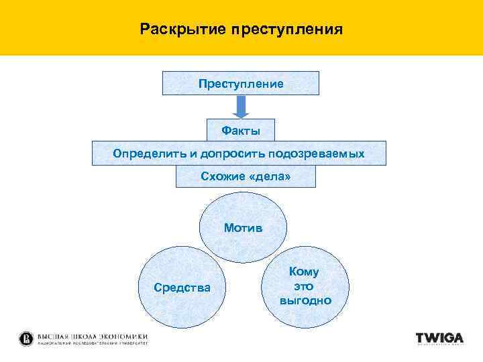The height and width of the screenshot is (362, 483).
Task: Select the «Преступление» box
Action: tap(241, 84)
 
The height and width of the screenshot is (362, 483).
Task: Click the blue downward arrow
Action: tap(241, 107)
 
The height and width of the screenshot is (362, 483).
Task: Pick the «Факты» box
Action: tap(241, 129)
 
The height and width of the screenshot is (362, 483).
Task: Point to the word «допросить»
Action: tap(232, 154)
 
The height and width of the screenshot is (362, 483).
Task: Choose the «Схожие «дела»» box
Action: tap(245, 176)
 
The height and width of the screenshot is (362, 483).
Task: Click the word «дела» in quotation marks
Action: tap(271, 176)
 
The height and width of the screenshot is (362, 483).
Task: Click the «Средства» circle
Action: tap(182, 288)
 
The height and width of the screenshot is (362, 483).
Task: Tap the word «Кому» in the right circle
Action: tap(304, 271)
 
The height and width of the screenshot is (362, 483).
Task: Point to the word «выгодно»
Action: tap(305, 300)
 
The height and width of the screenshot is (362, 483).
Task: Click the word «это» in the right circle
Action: tap(304, 286)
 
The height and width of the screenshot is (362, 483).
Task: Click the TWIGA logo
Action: tap(439, 338)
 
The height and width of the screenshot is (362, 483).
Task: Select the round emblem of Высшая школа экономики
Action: tap(26, 338)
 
